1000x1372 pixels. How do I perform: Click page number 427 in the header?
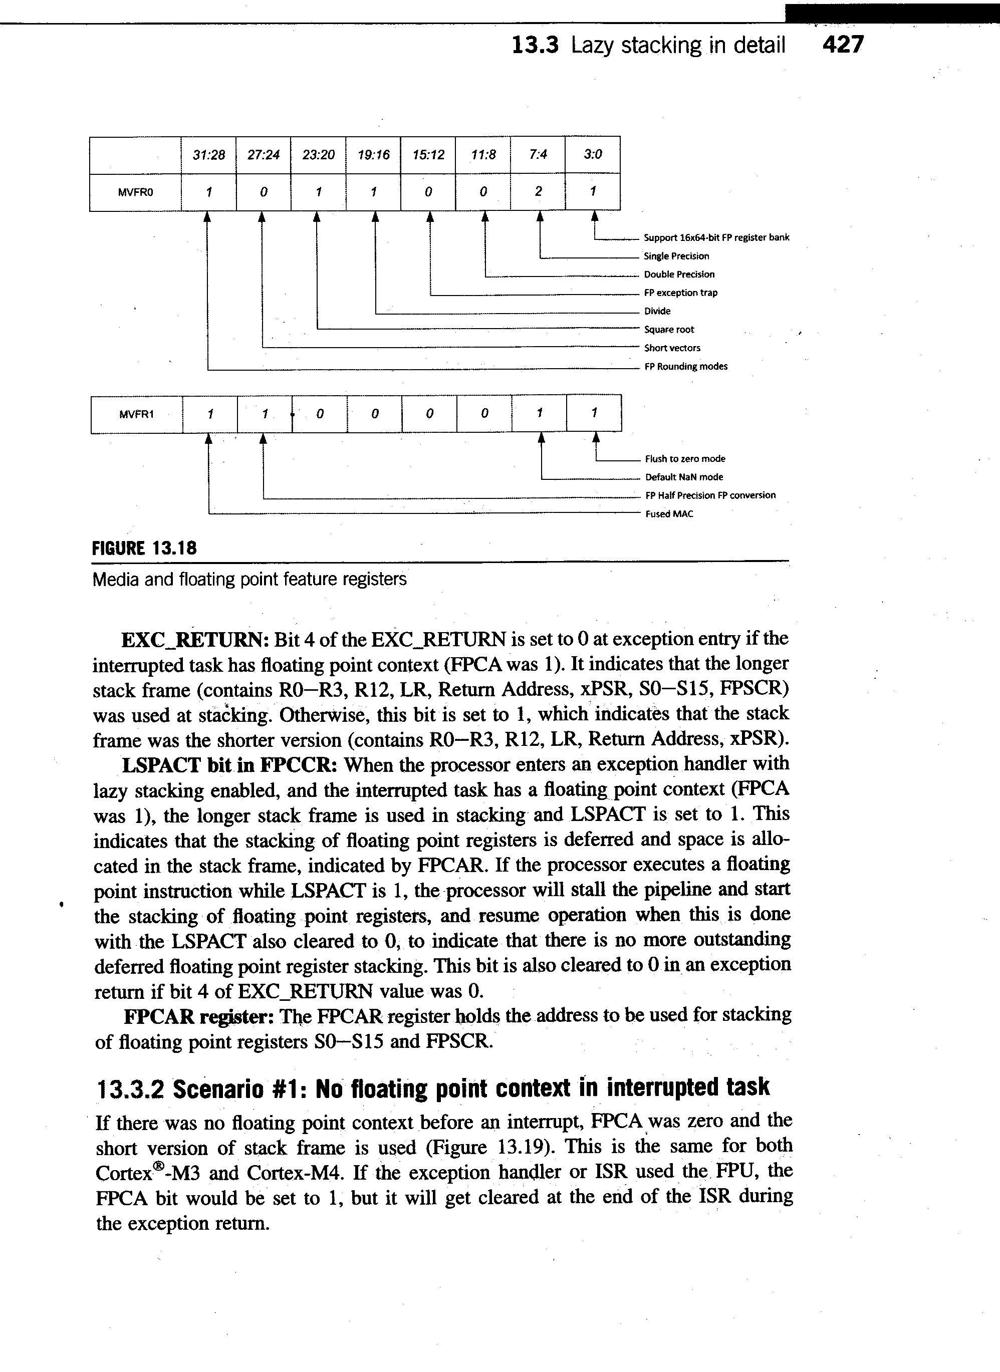click(843, 45)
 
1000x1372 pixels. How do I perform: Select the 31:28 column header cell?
click(208, 155)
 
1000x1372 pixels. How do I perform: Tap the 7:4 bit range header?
click(538, 155)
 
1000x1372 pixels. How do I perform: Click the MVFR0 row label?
click(136, 192)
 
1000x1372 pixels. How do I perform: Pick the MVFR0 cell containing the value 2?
click(538, 192)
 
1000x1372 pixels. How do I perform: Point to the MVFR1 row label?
click(136, 415)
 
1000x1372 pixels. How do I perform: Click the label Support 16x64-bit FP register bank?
click(716, 237)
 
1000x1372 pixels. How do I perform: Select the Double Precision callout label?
click(678, 274)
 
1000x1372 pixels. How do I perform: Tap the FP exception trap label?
click(680, 293)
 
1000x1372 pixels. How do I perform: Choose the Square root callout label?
click(669, 330)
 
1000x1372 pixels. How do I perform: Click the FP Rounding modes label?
click(685, 366)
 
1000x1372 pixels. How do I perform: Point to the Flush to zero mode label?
click(685, 459)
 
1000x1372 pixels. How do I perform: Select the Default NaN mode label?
click(683, 477)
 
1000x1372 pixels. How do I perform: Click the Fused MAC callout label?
click(669, 514)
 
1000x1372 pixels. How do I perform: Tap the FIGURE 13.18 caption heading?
click(144, 548)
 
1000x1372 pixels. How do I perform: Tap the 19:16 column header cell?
click(373, 155)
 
